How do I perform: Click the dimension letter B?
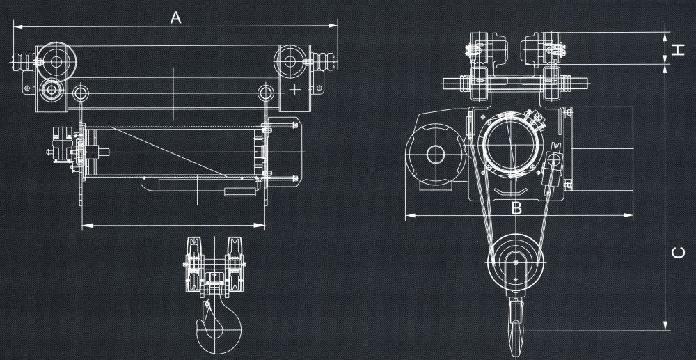(x=516, y=207)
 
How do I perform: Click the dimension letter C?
(x=680, y=253)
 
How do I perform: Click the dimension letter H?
(x=679, y=49)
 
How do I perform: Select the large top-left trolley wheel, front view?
(x=55, y=61)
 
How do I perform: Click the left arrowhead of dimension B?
(x=408, y=216)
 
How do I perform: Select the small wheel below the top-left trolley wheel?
(x=50, y=90)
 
